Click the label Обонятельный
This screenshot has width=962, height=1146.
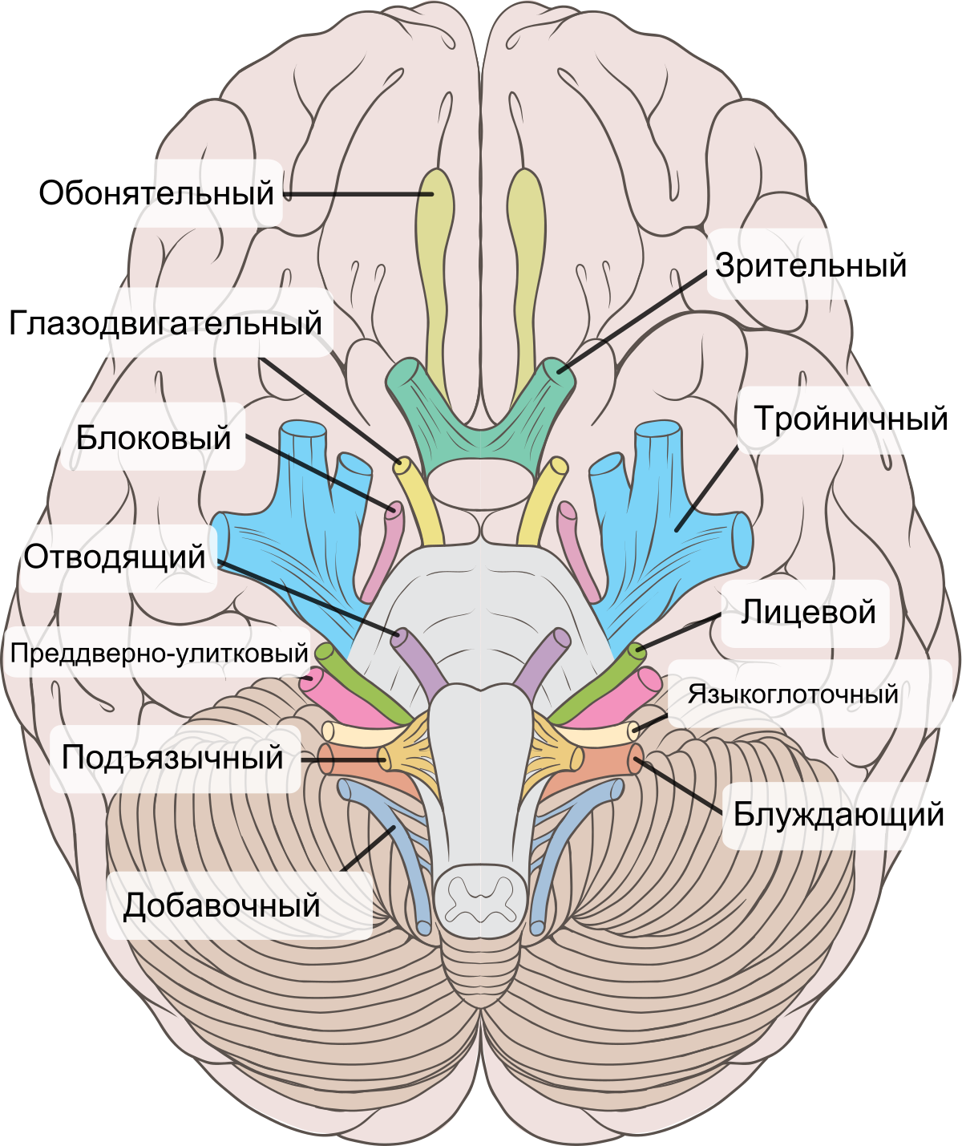tap(156, 193)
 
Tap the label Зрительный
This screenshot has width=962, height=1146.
tap(810, 265)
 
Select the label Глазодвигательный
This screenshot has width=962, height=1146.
tap(165, 323)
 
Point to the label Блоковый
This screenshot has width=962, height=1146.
tap(154, 438)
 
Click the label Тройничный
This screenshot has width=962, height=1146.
tap(851, 419)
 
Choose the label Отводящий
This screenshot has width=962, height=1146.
tap(115, 557)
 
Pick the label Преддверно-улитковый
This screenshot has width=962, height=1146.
tap(160, 653)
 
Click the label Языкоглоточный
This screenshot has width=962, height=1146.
tap(793, 694)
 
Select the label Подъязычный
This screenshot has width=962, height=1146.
tap(172, 758)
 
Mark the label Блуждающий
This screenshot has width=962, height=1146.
tap(839, 814)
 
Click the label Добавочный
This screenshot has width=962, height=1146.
tap(221, 905)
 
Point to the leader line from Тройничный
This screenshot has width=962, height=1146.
tap(707, 488)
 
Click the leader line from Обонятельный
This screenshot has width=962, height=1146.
tap(358, 194)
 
